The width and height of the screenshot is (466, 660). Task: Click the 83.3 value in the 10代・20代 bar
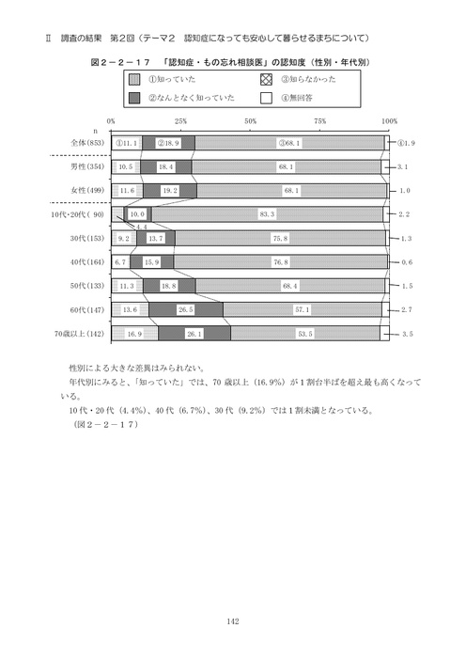266,214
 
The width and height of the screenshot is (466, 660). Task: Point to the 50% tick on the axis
251,122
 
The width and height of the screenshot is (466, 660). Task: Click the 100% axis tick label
390,122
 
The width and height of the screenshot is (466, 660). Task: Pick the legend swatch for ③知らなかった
265,79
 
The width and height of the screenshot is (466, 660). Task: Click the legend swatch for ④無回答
265,97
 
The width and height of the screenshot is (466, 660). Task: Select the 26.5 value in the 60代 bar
186,309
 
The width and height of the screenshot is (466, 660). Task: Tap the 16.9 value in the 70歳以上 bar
134,333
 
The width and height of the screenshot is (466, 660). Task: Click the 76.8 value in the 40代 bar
280,261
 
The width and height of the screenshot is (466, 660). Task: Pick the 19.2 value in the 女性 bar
170,190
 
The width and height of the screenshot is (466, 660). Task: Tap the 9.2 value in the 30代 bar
122,238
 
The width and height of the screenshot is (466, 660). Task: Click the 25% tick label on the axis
181,122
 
